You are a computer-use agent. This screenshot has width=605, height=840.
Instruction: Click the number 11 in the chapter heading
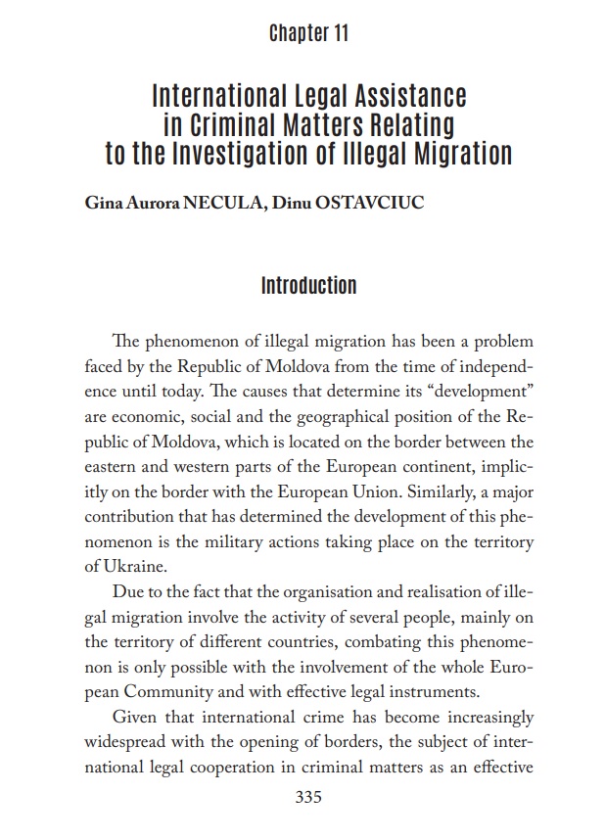(339, 34)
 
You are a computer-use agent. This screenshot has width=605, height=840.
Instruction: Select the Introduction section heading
(308, 286)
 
